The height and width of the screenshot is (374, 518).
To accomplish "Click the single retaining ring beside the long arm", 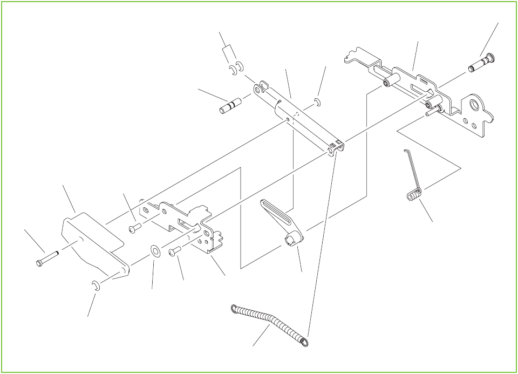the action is tap(318, 103).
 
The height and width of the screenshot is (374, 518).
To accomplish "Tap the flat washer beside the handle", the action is tap(155, 250).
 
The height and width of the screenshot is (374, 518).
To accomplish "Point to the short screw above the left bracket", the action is tap(135, 229).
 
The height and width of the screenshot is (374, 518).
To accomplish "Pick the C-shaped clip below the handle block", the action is tap(96, 285).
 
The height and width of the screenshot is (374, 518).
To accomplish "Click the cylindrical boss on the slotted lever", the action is tap(294, 239).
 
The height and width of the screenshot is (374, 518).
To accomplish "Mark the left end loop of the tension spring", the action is tap(234, 309).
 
